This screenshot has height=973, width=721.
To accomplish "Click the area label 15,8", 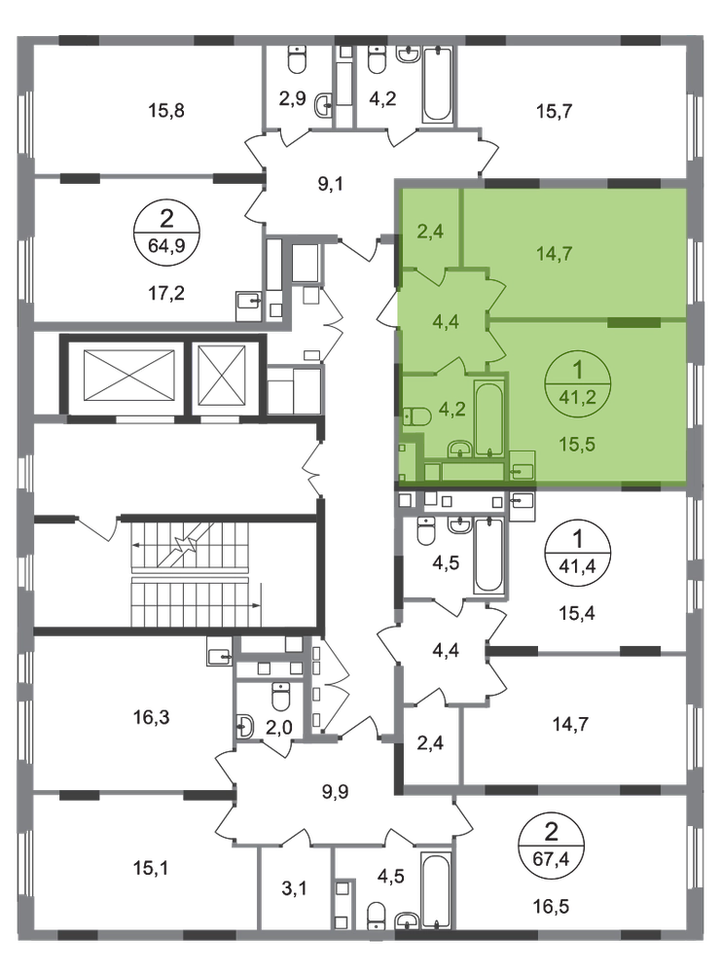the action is pyautogui.click(x=166, y=111).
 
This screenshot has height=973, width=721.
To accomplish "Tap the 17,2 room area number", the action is pyautogui.click(x=166, y=293).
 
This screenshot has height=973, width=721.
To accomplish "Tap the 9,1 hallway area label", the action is pyautogui.click(x=330, y=184).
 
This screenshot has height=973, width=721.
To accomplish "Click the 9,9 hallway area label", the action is pyautogui.click(x=335, y=792).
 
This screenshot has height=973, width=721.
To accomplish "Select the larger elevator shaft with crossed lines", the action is pyautogui.click(x=128, y=376).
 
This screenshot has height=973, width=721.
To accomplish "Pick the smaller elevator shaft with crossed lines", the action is pyautogui.click(x=223, y=376).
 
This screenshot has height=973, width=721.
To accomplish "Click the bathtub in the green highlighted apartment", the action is pyautogui.click(x=489, y=419).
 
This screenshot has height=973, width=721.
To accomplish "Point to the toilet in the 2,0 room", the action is pyautogui.click(x=281, y=697).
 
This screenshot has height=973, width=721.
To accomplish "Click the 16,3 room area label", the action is pyautogui.click(x=152, y=718).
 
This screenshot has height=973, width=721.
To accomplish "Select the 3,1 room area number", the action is pyautogui.click(x=294, y=889).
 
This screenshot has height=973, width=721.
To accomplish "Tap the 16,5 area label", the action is pyautogui.click(x=551, y=907).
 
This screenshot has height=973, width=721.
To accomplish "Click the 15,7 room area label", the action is pyautogui.click(x=554, y=112).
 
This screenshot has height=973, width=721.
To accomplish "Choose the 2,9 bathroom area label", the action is pyautogui.click(x=292, y=98).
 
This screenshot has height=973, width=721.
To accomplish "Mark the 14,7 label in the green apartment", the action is pyautogui.click(x=554, y=253).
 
